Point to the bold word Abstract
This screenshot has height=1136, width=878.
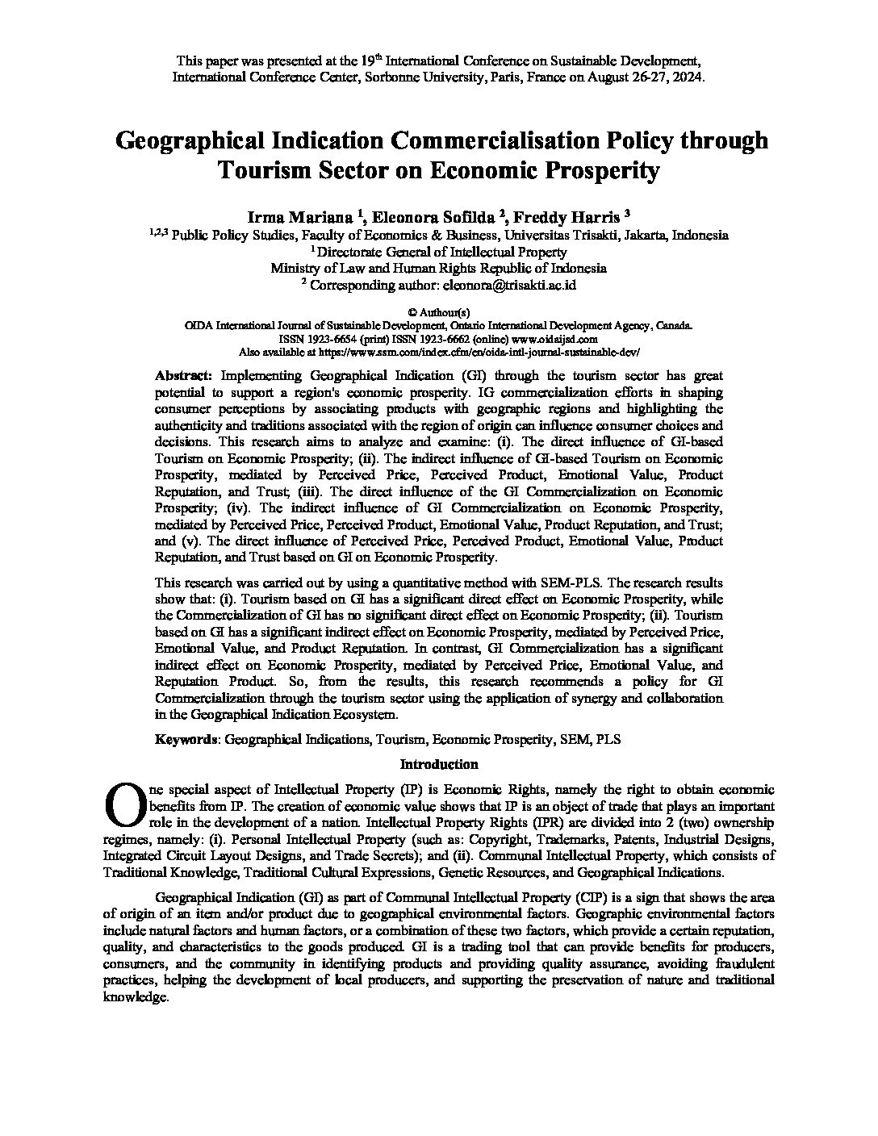[184, 376]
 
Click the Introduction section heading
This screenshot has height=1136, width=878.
[439, 765]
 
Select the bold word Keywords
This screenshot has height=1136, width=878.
[186, 739]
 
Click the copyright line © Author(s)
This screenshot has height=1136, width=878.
[439, 312]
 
